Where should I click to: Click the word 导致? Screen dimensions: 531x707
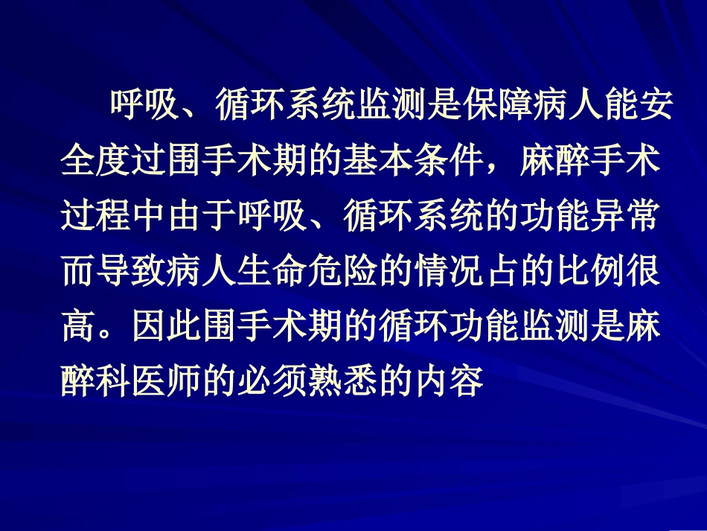point(131,273)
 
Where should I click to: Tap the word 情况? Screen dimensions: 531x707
point(449,273)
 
